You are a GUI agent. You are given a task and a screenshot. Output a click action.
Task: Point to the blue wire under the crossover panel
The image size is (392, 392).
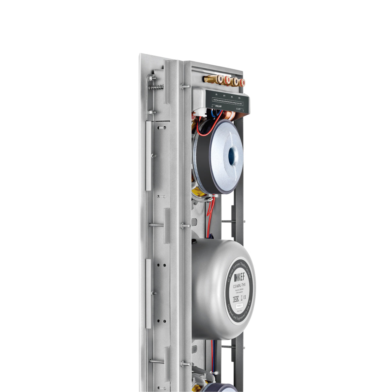[x=215, y=114]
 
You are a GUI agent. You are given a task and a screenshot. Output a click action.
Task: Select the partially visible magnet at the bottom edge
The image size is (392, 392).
[x=222, y=388]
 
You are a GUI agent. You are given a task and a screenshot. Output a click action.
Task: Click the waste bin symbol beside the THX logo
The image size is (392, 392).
[x=241, y=298]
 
